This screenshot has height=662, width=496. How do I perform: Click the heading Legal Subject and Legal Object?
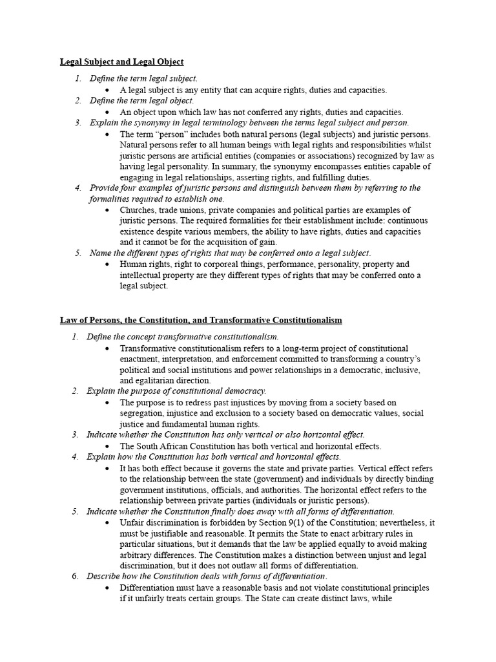click(x=122, y=61)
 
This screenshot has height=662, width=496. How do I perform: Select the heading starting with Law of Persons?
click(x=201, y=320)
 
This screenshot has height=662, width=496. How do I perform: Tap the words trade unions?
click(x=187, y=210)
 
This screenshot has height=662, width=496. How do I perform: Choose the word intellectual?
click(x=142, y=275)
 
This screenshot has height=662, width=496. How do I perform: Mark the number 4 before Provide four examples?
click(x=77, y=188)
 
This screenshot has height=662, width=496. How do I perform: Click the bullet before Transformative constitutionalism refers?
click(x=107, y=348)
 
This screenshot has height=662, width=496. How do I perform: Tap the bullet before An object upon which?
click(x=107, y=112)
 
